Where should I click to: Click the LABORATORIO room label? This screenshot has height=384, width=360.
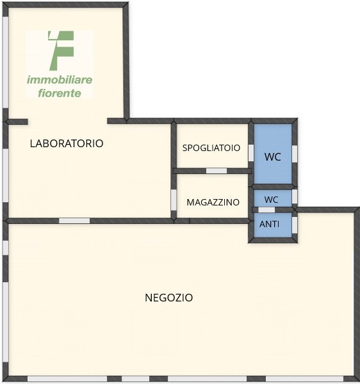[x=67, y=143]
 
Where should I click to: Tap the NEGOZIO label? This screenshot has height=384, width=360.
[x=169, y=298]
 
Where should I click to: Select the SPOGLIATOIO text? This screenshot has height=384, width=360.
[x=211, y=148]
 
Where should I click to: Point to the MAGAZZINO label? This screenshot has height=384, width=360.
[x=213, y=202]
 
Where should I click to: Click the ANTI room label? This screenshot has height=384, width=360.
[x=269, y=224]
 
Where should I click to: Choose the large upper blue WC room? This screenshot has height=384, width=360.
[x=273, y=154]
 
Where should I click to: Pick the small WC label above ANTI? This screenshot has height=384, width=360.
[x=271, y=200]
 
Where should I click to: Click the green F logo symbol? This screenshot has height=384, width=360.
[x=61, y=51]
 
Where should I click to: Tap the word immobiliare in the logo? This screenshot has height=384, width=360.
[x=60, y=80]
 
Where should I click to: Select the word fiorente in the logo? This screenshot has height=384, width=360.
[x=60, y=93]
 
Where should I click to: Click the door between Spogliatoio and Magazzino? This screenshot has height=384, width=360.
[x=217, y=171]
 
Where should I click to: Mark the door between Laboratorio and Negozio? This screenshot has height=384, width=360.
[x=74, y=221]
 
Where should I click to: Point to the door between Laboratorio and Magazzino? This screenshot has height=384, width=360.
[x=174, y=200]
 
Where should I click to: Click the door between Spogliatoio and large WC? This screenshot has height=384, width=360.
[x=251, y=153]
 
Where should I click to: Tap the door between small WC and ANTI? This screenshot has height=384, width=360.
[x=266, y=210]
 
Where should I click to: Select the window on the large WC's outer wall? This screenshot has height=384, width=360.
[x=295, y=154]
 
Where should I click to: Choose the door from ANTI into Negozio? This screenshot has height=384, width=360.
[x=295, y=225]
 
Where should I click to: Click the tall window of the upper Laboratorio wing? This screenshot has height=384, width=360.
[x=5, y=62]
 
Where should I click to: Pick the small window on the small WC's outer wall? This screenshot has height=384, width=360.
[x=295, y=196]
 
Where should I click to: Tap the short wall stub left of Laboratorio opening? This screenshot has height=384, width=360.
[x=17, y=122]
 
